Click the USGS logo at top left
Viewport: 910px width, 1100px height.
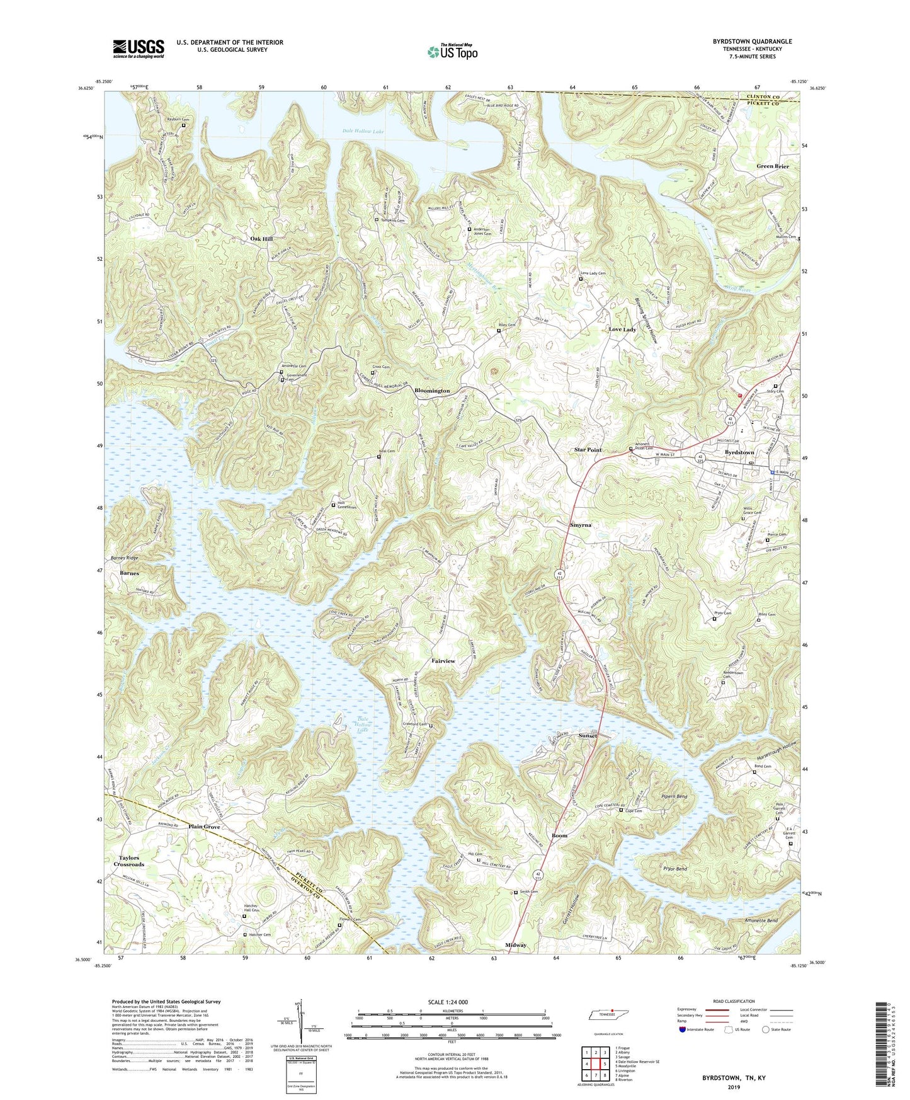pos(139,48)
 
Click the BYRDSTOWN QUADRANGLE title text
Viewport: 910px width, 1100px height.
pos(752,42)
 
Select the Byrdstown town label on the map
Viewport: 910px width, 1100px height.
pos(739,452)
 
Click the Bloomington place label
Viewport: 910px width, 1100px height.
pos(432,391)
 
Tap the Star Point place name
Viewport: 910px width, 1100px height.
pos(587,450)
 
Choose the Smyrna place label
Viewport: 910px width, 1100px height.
pos(581,525)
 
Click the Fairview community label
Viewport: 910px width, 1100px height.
pos(443,661)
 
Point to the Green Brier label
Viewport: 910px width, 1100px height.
pos(773,166)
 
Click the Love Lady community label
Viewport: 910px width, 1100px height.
pos(622,329)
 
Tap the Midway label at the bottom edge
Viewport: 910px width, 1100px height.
pos(516,945)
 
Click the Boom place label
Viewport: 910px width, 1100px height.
pos(559,835)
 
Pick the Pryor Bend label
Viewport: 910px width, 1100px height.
pos(674,869)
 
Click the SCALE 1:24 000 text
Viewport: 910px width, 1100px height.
pos(448,1002)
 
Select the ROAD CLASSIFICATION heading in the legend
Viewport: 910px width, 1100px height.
pos(735,1001)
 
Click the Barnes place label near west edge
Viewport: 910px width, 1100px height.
pos(129,573)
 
